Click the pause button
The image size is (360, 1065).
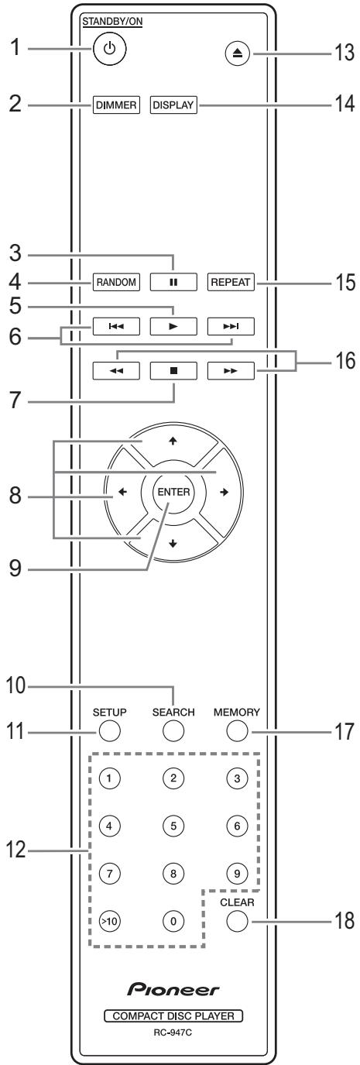coord(173,282)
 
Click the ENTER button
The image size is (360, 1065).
coord(174,492)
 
